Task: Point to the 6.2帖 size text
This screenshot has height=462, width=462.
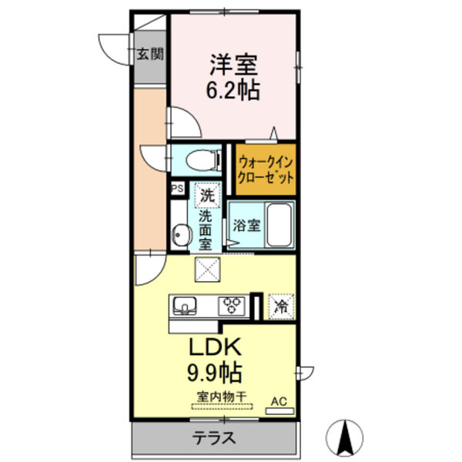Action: [x=231, y=90]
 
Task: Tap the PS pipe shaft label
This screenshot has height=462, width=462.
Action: [x=176, y=188]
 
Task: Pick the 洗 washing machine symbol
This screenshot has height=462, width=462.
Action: [x=207, y=195]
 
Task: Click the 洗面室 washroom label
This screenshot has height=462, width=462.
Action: [x=206, y=229]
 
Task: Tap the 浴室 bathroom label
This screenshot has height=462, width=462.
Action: [x=245, y=226]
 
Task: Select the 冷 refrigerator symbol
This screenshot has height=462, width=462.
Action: [x=281, y=305]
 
